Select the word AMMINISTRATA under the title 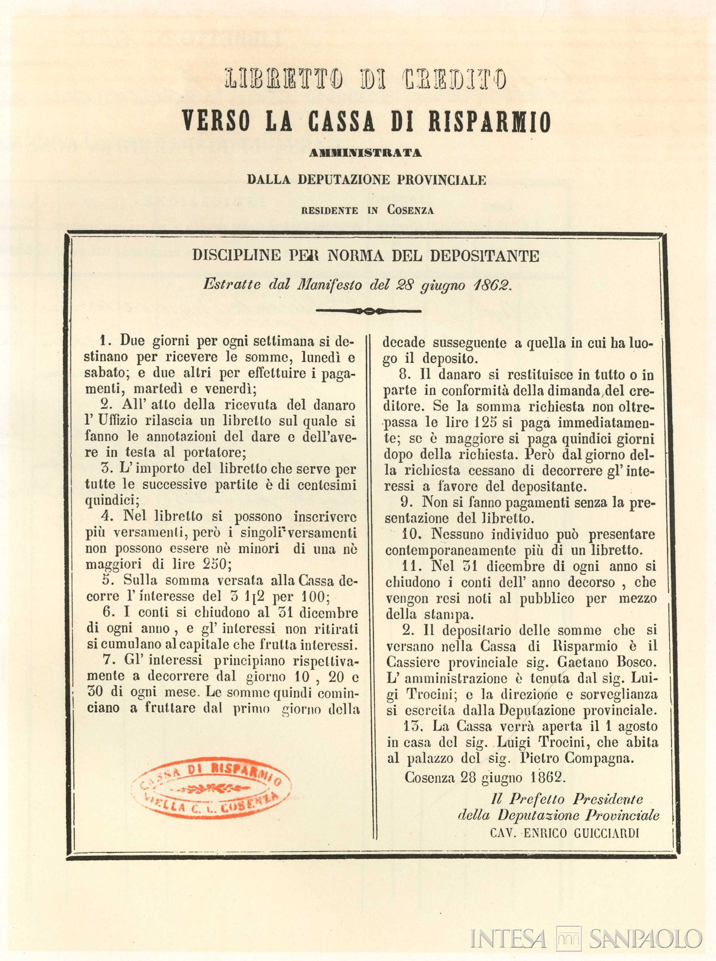(x=365, y=153)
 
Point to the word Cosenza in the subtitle (x=410, y=211)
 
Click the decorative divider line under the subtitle (x=369, y=311)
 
